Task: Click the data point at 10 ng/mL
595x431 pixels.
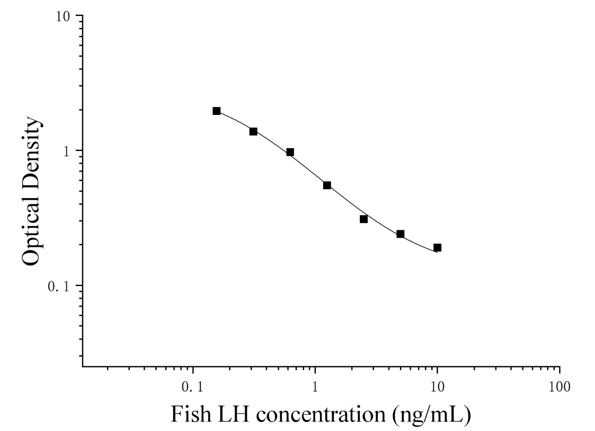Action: (437, 247)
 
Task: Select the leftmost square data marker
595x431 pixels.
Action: (216, 111)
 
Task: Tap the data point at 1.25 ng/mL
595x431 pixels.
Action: (327, 185)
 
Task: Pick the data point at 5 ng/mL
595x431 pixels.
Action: (400, 234)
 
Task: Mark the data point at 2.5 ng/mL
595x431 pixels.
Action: (363, 219)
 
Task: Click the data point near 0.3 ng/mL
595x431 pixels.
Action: (253, 131)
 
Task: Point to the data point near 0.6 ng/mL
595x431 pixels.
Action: (290, 152)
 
